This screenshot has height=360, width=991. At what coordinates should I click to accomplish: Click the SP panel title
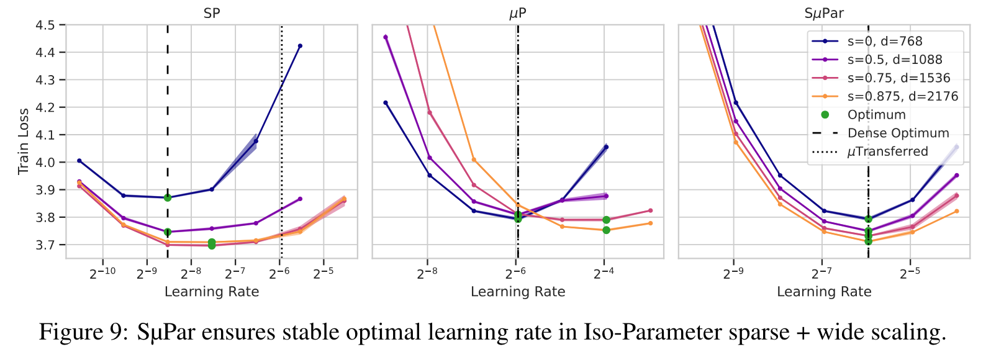212,13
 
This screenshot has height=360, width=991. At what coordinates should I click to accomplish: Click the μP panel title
518,13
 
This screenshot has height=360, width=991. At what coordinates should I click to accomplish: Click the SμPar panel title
824,13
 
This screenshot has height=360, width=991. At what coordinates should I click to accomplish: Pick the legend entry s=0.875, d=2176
902,96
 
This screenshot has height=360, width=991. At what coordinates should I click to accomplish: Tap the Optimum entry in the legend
876,115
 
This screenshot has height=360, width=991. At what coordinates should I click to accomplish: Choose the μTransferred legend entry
887,151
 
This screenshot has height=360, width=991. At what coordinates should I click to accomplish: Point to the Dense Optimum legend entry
898,133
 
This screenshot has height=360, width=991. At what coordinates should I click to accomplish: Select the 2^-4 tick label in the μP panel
604,272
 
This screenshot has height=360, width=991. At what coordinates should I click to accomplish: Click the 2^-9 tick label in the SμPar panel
733,272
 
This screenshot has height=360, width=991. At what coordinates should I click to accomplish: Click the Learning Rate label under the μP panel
518,292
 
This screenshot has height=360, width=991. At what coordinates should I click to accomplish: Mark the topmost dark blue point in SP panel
300,46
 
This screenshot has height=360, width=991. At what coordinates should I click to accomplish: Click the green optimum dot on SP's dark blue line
168,197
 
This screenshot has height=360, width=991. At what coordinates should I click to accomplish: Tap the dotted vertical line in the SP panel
281,124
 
